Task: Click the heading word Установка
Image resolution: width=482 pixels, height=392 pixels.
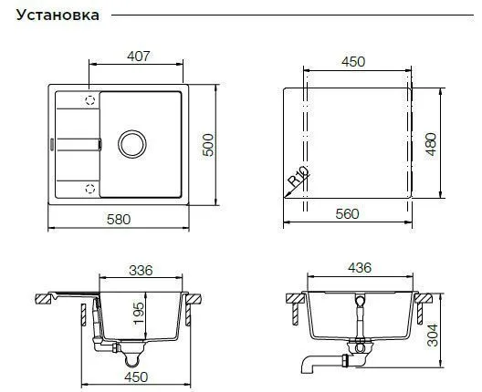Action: tap(58, 15)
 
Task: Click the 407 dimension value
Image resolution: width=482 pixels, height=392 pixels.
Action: tap(139, 57)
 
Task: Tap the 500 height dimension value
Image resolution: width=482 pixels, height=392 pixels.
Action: tap(208, 145)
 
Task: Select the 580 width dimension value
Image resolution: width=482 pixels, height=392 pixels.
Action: tap(119, 220)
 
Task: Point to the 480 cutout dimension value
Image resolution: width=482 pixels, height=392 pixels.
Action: tap(431, 144)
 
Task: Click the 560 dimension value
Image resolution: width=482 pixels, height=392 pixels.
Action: tap(348, 214)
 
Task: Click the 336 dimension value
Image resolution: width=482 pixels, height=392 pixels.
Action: tap(141, 271)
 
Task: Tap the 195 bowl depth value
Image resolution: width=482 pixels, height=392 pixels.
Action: tap(139, 313)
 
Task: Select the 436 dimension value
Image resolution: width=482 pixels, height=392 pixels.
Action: tap(360, 268)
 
